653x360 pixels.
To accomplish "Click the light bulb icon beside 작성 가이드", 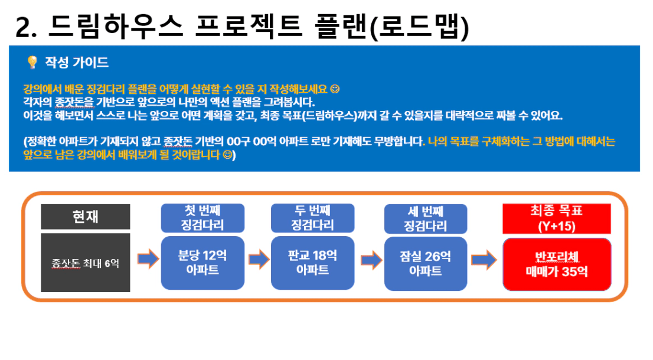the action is [x=32, y=62].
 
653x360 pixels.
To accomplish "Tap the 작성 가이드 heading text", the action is [x=77, y=63].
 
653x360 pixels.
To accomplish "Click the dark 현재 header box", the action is [x=86, y=217].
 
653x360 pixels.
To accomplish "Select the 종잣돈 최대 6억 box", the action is [x=86, y=263].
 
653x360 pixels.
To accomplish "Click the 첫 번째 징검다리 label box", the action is [x=203, y=218].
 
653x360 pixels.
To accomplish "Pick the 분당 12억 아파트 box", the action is [x=203, y=263].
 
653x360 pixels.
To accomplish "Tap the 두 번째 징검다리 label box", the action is [x=312, y=218].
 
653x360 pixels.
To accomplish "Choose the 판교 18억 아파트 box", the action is [x=312, y=263].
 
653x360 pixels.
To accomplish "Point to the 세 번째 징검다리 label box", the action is [x=426, y=219].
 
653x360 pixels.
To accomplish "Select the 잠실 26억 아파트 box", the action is [x=426, y=263].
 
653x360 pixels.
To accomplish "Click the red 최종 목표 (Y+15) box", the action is [x=556, y=218].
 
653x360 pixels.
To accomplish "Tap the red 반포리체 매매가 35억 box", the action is [x=557, y=264].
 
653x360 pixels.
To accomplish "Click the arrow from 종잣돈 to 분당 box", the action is [x=148, y=259].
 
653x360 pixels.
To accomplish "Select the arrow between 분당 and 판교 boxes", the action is [x=259, y=259].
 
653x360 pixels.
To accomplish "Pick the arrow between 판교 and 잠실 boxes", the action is [x=371, y=260].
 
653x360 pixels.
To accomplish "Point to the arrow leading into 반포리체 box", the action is [x=484, y=260].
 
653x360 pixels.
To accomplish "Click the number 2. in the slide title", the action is [x=26, y=28].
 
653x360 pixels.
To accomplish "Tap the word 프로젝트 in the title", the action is [x=249, y=26].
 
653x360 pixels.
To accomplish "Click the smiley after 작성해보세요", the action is [x=335, y=89].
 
